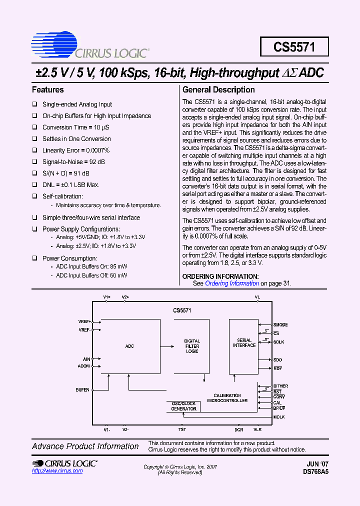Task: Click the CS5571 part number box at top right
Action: [x=294, y=47]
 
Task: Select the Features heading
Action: [x=48, y=90]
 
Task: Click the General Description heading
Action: [x=218, y=90]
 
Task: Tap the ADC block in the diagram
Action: [x=129, y=346]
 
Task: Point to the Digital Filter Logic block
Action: [x=192, y=346]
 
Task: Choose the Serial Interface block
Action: [x=244, y=343]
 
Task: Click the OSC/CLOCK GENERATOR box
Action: [x=184, y=406]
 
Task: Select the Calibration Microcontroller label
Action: [x=227, y=398]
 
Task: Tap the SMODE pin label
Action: [x=280, y=325]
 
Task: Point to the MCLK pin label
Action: [x=278, y=417]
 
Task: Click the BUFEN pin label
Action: [x=82, y=389]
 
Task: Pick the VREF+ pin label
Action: [x=84, y=321]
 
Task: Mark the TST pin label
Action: [x=182, y=429]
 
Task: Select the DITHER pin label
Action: [x=280, y=386]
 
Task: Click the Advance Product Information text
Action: [x=85, y=446]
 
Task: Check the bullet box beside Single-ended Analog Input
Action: [x=35, y=104]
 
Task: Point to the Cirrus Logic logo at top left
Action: [x=89, y=46]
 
